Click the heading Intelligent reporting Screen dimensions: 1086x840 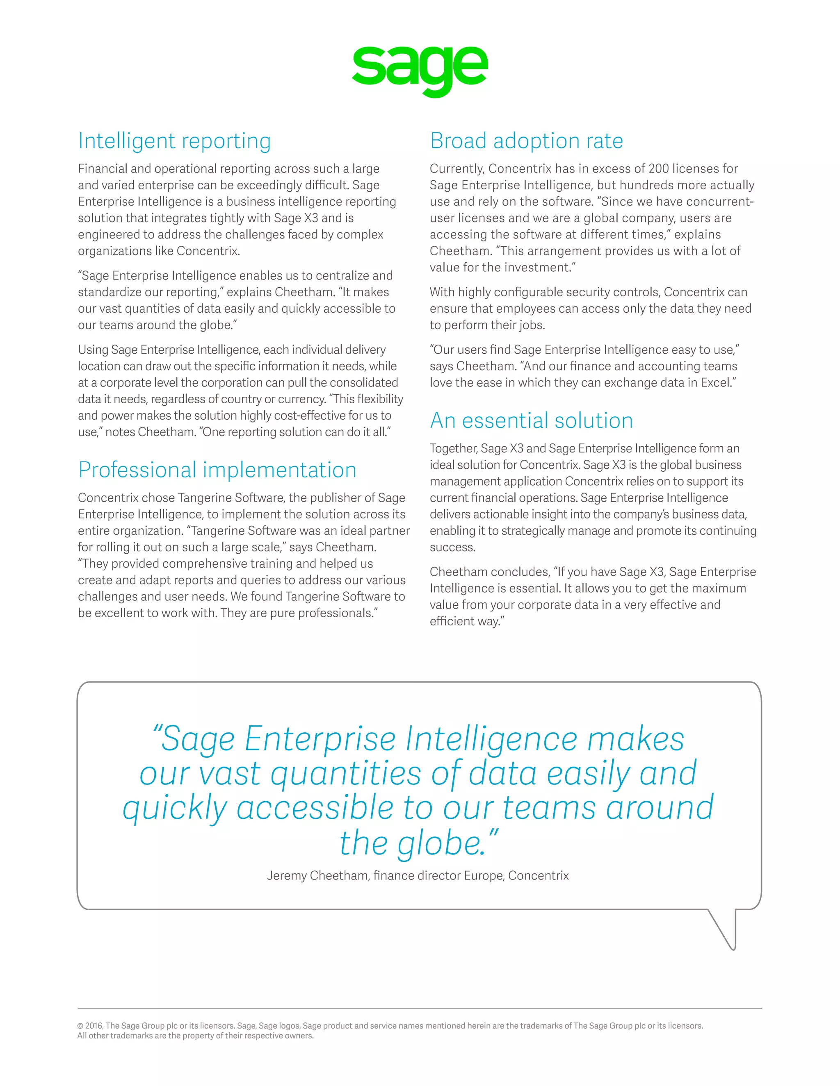click(x=174, y=141)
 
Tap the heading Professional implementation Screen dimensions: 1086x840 click(x=217, y=470)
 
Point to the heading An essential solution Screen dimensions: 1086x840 click(x=531, y=421)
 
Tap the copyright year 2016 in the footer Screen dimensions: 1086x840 click(x=94, y=1025)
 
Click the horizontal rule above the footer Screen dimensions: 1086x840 click(x=420, y=1009)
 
